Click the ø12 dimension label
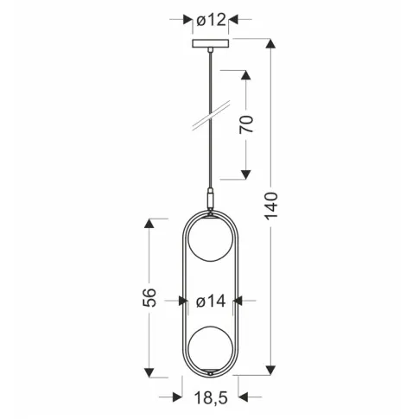point(211,20)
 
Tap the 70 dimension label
point(246,124)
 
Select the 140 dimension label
point(271,206)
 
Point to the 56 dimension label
point(149,297)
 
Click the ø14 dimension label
point(211,302)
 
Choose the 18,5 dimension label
point(211,398)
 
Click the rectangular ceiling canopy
point(211,43)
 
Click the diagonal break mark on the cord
point(211,116)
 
